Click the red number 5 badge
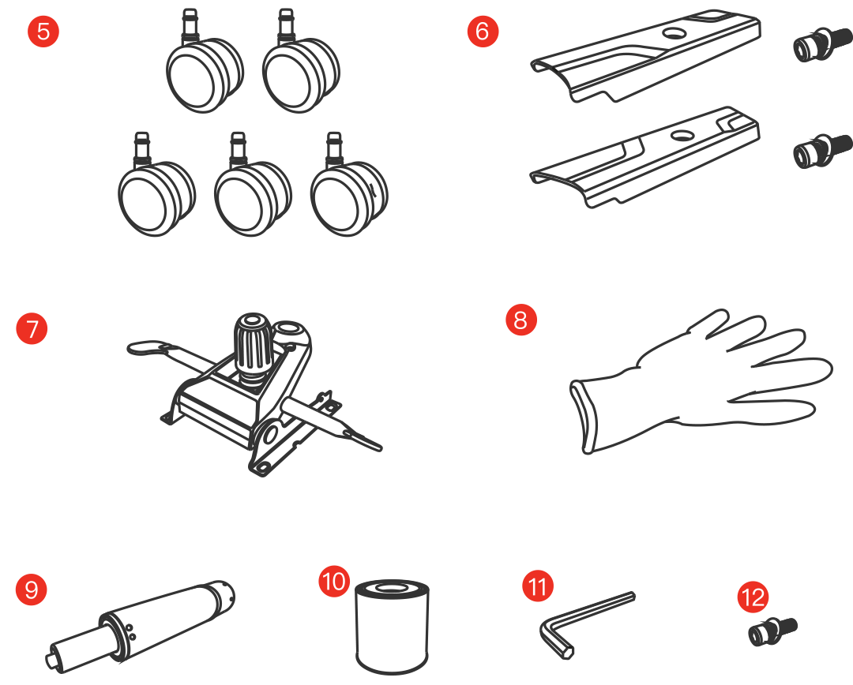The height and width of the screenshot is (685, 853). coord(43,31)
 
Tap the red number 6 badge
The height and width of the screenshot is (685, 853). coord(483,31)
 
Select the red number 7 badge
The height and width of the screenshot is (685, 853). coord(32,328)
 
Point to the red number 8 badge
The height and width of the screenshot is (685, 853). coord(521,320)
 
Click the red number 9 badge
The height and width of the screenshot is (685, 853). coord(32,590)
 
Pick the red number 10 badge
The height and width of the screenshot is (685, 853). coord(334,581)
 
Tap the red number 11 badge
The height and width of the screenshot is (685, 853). coord(538,586)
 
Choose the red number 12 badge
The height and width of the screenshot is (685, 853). coord(753,597)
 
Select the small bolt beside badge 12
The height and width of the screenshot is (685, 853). coord(772,631)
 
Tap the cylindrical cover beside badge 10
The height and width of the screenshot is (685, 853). coord(393,627)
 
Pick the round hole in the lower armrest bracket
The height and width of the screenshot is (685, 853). coord(682,135)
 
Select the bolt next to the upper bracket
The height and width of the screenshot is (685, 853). coord(822,44)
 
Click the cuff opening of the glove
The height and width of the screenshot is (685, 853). coord(583,416)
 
